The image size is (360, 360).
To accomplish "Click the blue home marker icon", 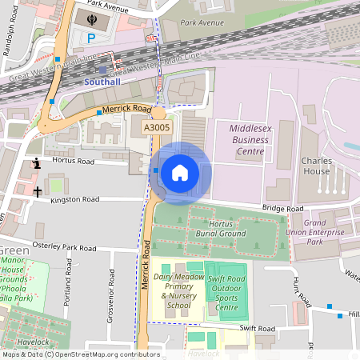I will coord(180,172).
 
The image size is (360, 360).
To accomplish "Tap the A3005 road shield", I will coord(156,127).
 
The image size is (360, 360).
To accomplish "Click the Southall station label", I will coord(102,82).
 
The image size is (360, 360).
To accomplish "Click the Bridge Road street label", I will coord(283,209).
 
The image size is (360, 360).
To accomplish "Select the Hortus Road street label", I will coord(73,162).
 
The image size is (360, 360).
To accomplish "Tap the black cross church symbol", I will coord(37,191).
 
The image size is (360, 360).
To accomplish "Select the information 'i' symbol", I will coord(35,164).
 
